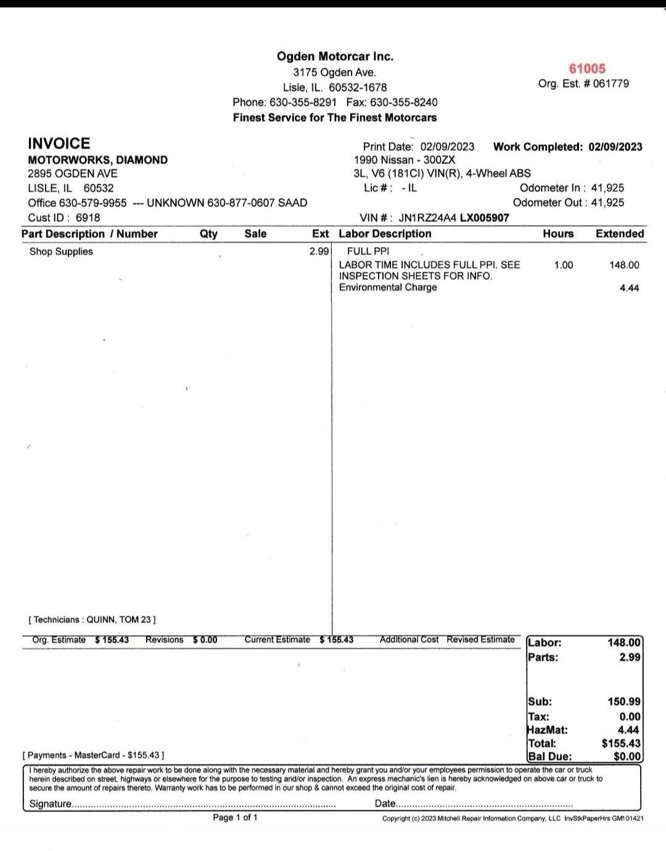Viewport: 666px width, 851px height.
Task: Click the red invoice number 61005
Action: pos(587,68)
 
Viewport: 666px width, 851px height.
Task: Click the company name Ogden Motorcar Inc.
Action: pos(335,56)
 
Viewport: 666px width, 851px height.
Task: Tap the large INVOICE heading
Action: pos(59,144)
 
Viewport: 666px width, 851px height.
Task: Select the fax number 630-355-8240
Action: pos(404,102)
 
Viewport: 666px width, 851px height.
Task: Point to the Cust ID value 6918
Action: pos(88,218)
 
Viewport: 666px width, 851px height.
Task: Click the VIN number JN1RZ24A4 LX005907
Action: pos(454,218)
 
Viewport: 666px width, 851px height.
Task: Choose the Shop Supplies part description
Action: pos(61,251)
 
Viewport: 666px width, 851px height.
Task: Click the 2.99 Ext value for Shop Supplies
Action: pos(319,251)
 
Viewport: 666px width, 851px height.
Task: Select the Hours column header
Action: pos(558,234)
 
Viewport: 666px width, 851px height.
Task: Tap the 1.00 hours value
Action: pos(563,265)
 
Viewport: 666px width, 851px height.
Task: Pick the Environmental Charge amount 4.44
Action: pos(629,288)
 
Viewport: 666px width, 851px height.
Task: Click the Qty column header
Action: pos(208,234)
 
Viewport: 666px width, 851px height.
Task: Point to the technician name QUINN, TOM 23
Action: pos(121,619)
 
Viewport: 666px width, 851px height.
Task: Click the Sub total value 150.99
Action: pos(623,701)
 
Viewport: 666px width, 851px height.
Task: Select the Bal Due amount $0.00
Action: pos(627,756)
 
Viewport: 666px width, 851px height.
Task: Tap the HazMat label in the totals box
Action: pos(548,730)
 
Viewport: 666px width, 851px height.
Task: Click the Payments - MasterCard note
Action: pos(93,755)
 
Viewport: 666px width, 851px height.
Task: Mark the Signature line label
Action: pos(51,804)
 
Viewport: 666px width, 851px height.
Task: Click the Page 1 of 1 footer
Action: pos(235,817)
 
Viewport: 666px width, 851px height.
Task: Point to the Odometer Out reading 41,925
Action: pos(607,203)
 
